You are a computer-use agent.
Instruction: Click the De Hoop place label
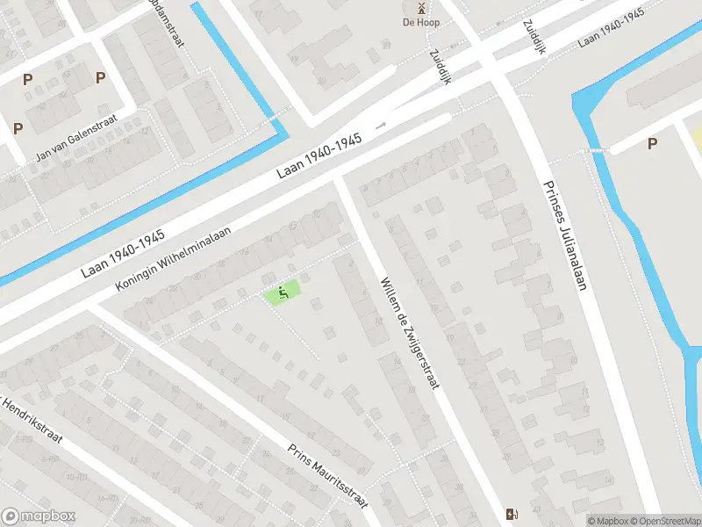pos(421,22)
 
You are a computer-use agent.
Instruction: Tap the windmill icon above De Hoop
pos(421,7)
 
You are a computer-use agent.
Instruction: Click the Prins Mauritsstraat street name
pos(327,474)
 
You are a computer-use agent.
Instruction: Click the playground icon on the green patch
pos(283,291)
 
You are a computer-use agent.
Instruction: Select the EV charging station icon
pos(512,514)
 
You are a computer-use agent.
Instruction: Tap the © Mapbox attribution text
pos(607,521)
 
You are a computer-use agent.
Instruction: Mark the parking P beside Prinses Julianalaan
pos(652,143)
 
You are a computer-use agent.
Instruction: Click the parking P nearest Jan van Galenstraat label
pos(18,128)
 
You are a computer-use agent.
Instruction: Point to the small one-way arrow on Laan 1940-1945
pos(381,126)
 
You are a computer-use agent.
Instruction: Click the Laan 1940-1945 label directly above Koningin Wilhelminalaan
pos(124,255)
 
